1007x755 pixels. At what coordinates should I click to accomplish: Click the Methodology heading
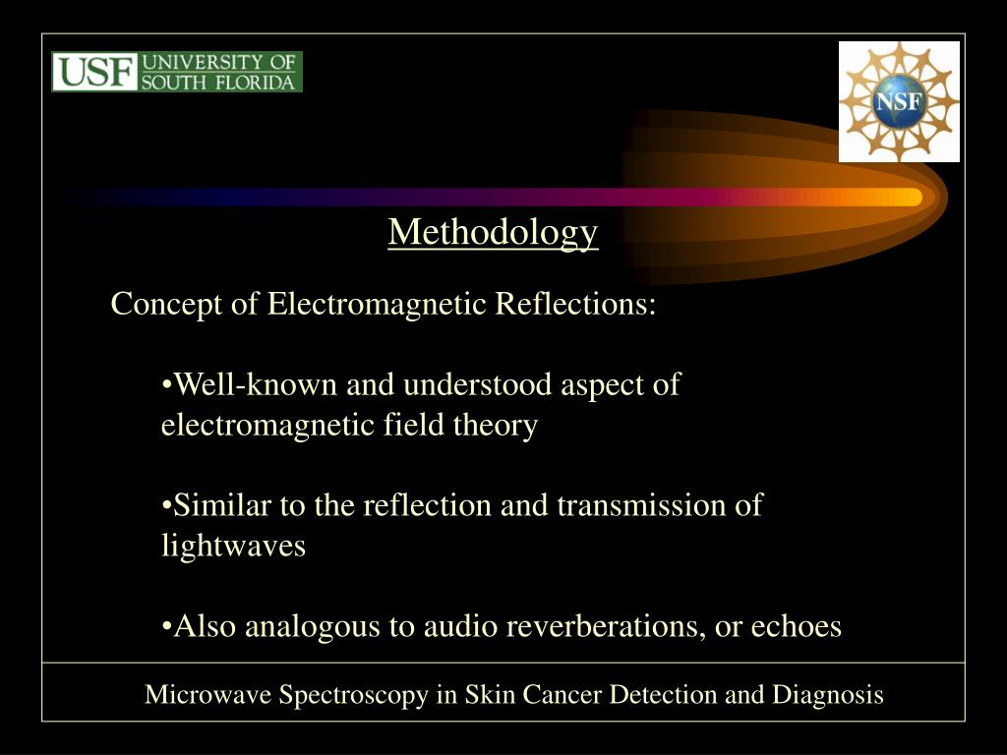pyautogui.click(x=493, y=232)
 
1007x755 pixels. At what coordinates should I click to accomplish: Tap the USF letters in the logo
pyautogui.click(x=95, y=73)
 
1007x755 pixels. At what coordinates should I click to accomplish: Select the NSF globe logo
pyautogui.click(x=899, y=102)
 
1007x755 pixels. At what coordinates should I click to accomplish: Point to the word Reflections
pyautogui.click(x=574, y=305)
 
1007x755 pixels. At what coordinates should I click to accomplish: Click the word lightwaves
pyautogui.click(x=233, y=547)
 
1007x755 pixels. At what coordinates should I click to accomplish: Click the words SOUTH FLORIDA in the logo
pyautogui.click(x=219, y=83)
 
